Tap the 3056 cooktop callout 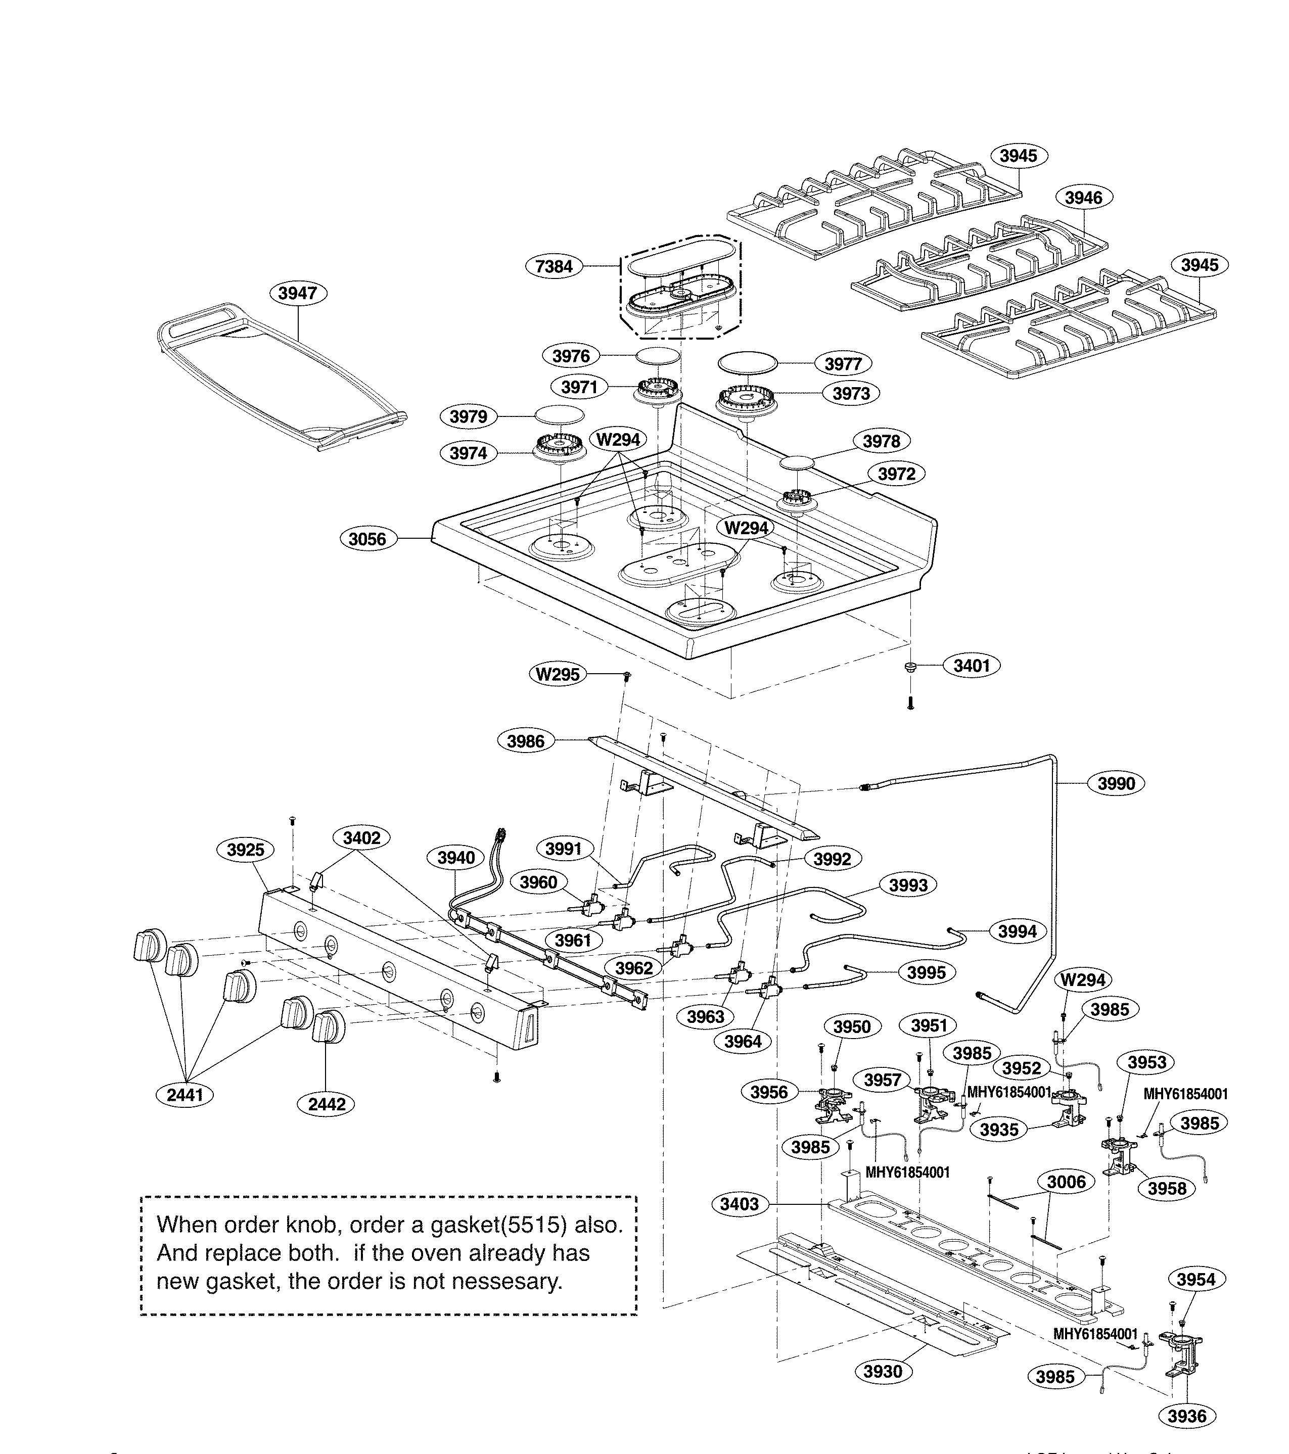[367, 539]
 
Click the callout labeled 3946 [1083, 198]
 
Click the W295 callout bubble [558, 674]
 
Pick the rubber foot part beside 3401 [910, 667]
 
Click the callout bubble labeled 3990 [1116, 783]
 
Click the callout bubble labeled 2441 [185, 1095]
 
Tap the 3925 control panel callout [246, 850]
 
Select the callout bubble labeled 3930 [882, 1372]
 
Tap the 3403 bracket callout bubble [739, 1204]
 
